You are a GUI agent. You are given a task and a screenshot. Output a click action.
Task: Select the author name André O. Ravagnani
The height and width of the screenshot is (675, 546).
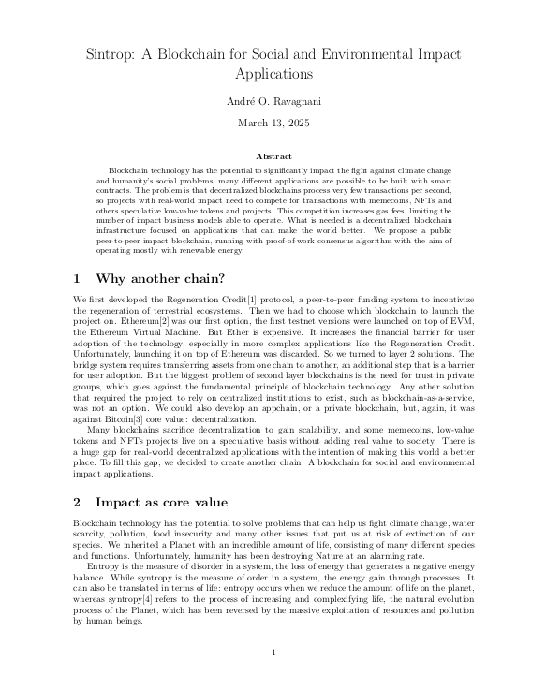[272, 100]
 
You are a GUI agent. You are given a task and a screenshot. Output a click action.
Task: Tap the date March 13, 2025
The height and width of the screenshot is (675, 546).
[272, 123]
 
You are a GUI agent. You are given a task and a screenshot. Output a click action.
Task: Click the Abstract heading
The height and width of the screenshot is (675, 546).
[273, 155]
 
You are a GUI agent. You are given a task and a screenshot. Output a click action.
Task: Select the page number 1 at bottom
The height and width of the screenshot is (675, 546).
[273, 653]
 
